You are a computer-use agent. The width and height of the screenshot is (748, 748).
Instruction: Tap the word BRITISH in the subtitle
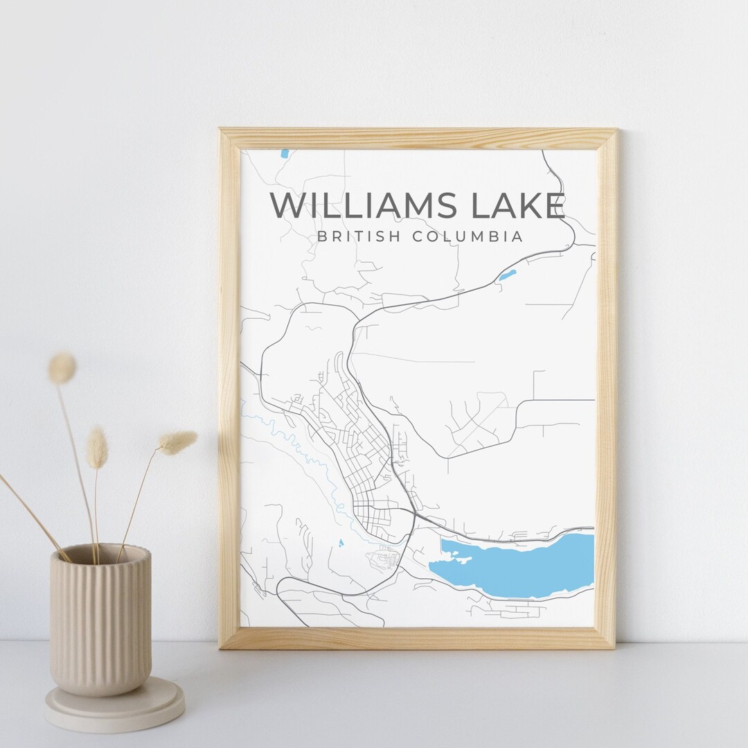tap(359, 236)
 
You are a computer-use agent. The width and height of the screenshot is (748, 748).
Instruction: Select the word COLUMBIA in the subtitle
tap(467, 236)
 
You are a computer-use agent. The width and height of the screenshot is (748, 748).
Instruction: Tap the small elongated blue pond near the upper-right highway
tap(507, 275)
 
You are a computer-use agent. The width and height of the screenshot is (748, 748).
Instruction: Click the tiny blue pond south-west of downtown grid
tap(340, 543)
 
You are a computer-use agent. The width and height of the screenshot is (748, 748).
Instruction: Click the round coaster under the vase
tap(114, 707)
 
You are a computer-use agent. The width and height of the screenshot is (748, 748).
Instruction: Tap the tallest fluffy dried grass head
tap(62, 368)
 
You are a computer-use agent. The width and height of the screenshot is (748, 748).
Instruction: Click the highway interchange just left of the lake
tap(414, 516)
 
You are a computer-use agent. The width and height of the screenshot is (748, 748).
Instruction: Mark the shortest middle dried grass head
tap(97, 448)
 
